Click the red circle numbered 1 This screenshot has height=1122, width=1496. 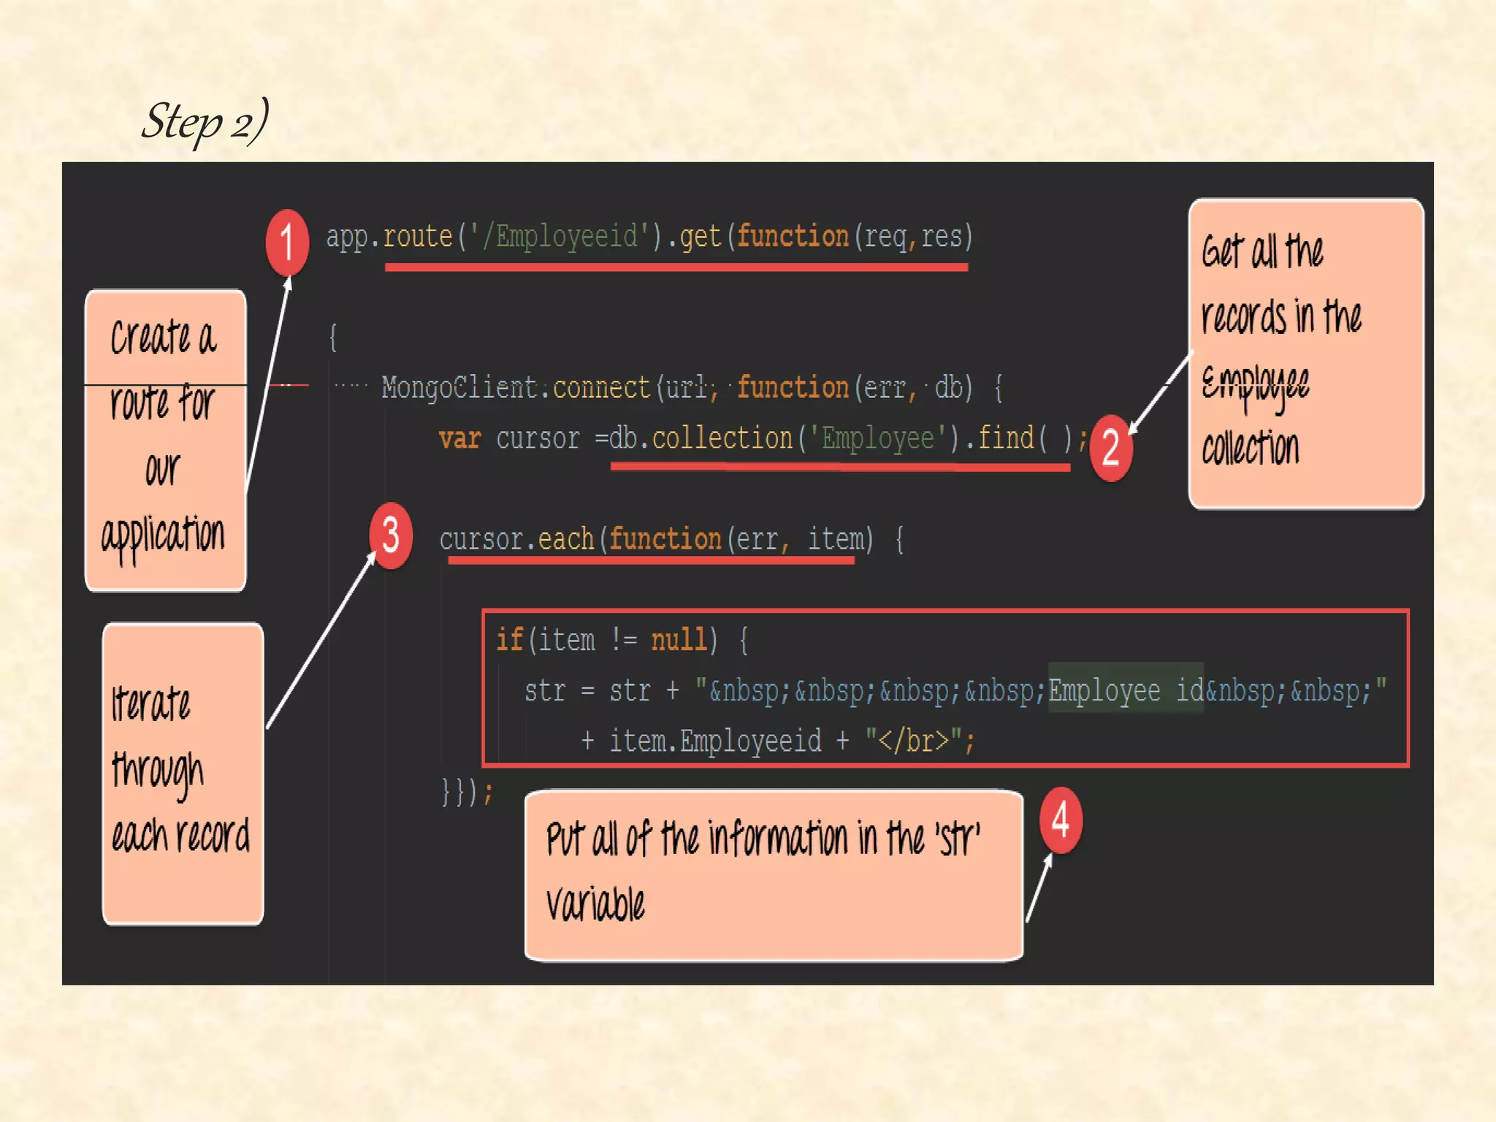tap(287, 242)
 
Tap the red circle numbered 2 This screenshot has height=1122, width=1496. tap(1110, 447)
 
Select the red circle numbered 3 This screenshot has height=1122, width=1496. tap(391, 535)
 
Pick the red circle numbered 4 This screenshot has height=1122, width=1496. tap(1061, 820)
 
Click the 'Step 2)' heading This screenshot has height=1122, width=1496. tap(205, 121)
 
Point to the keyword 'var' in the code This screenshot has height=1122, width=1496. tap(459, 438)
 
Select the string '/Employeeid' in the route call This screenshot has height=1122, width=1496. tap(566, 237)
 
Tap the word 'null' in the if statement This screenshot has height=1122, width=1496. tap(679, 640)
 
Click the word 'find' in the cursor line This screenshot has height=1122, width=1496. tap(1006, 438)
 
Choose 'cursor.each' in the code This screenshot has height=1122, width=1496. tap(516, 539)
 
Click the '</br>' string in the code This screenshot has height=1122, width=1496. tap(913, 741)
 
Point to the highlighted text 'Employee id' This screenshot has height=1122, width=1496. tap(1126, 690)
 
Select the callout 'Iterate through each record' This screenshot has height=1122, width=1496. tap(183, 773)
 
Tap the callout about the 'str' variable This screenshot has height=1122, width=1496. tap(773, 875)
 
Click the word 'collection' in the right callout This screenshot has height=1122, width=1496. tap(1251, 447)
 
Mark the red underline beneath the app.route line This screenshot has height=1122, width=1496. tap(676, 268)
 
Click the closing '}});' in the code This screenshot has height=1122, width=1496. tap(467, 791)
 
